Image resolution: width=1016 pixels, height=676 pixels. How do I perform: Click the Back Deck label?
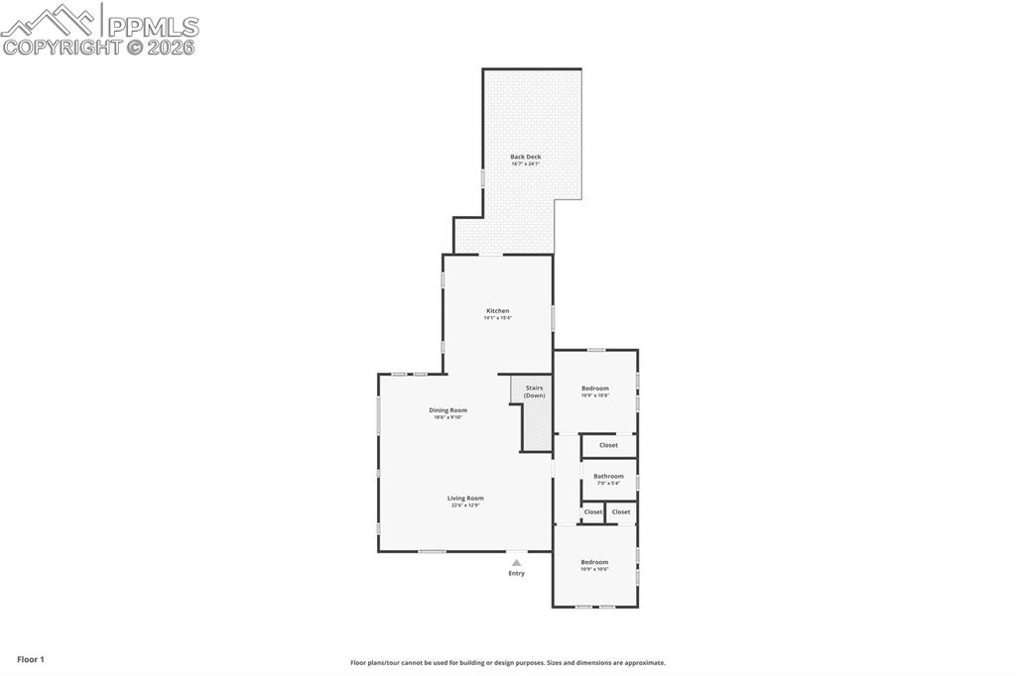click(526, 157)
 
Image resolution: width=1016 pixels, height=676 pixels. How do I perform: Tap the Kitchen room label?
click(497, 311)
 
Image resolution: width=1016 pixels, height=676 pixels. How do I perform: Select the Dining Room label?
click(447, 410)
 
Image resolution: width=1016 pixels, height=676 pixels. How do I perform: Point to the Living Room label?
click(465, 499)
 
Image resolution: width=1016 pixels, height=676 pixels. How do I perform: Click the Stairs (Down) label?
click(535, 392)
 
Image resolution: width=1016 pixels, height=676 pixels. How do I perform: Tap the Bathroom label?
click(608, 476)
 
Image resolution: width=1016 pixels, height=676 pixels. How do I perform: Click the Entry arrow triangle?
click(516, 562)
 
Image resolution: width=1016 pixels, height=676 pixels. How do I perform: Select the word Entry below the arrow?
click(516, 573)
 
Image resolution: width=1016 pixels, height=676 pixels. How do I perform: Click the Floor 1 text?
click(31, 659)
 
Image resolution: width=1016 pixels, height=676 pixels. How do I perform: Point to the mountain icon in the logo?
click(50, 20)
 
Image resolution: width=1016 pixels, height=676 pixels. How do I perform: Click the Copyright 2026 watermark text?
click(99, 47)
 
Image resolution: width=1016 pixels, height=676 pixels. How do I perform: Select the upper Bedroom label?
click(595, 389)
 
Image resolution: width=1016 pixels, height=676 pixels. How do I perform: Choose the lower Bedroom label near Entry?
click(595, 562)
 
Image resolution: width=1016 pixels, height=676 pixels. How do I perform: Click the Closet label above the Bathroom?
click(608, 445)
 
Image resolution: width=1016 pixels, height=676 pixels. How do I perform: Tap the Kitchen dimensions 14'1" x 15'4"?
click(497, 318)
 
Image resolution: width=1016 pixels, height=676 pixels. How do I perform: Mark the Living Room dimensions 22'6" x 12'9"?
click(465, 506)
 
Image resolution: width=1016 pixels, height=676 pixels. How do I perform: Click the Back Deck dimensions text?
click(526, 164)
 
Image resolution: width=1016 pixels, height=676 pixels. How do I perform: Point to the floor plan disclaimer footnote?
click(508, 663)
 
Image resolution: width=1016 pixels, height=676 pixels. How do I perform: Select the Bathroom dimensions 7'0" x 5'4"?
click(608, 483)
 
